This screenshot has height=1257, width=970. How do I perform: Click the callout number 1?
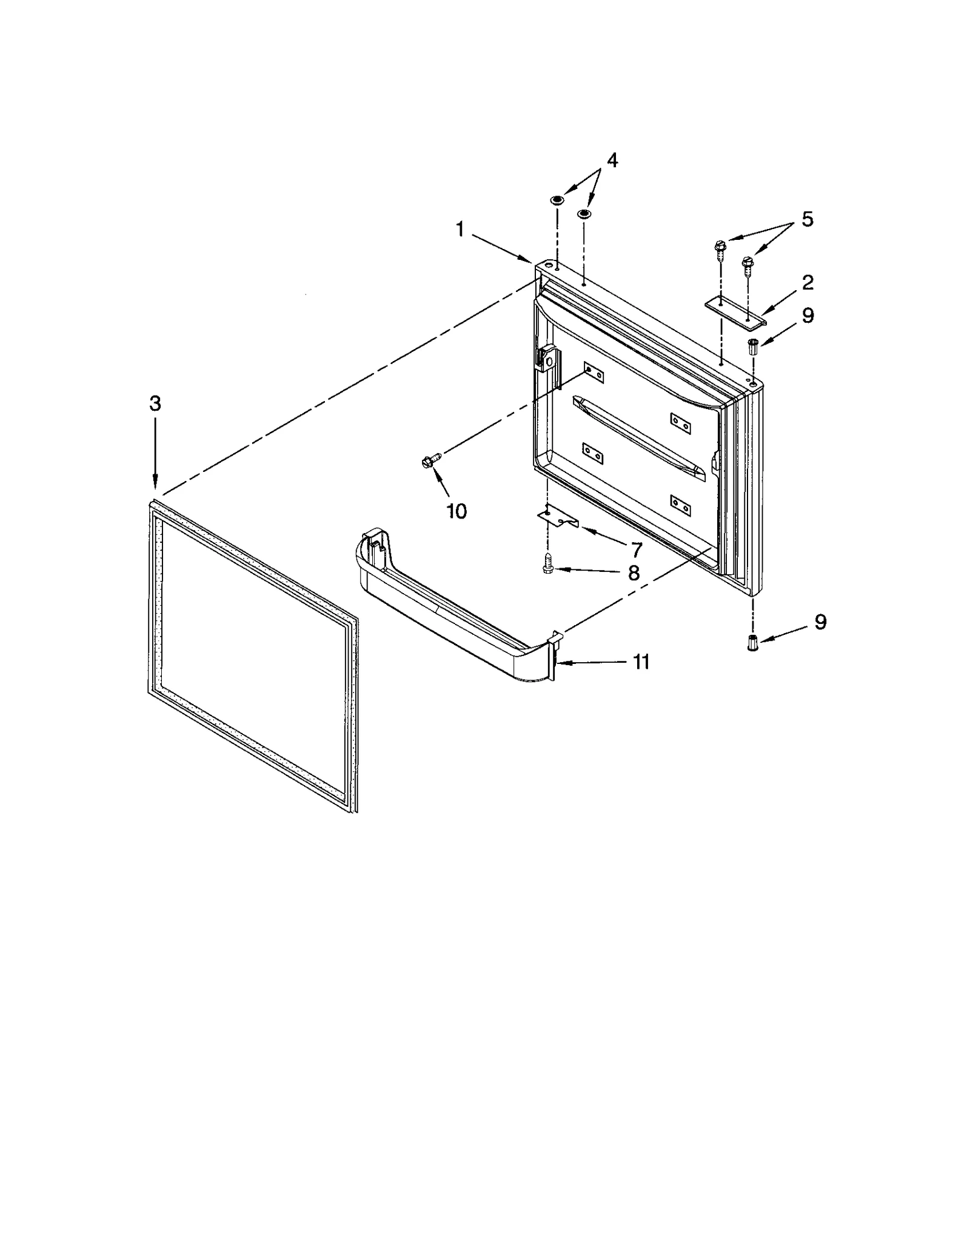[x=460, y=230]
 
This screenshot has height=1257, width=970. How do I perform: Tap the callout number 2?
[x=807, y=282]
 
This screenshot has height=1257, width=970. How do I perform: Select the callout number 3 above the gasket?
[x=155, y=403]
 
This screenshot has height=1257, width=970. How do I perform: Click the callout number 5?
[x=807, y=219]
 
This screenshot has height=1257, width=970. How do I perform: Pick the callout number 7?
[x=636, y=549]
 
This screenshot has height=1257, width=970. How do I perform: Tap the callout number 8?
[x=634, y=572]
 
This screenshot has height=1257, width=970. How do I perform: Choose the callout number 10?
[x=457, y=511]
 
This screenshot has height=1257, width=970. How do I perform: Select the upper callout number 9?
[x=808, y=316]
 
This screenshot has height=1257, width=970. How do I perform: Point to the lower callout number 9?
[x=820, y=622]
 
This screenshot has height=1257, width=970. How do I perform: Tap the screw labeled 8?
[x=548, y=568]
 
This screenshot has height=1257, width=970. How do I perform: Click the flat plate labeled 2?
[x=735, y=311]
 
